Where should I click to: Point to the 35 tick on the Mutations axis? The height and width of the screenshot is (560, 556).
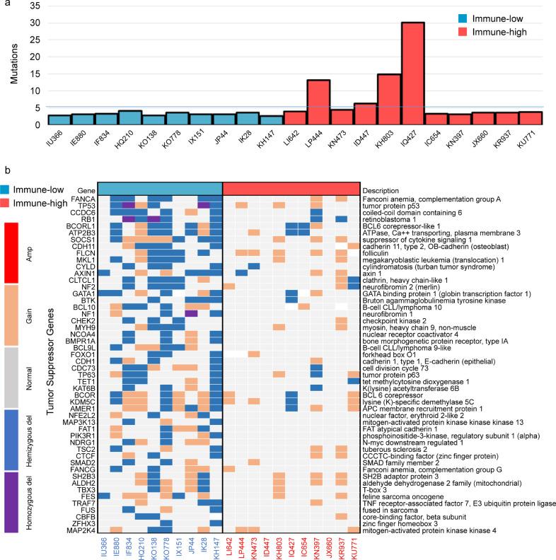click(x=32, y=6)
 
